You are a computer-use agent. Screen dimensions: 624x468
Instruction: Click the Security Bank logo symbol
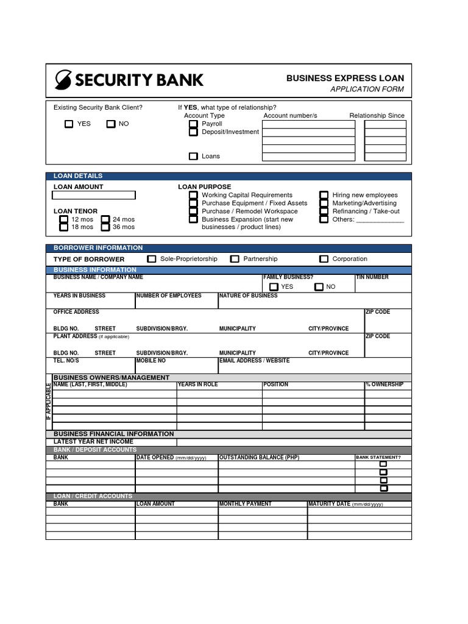63,80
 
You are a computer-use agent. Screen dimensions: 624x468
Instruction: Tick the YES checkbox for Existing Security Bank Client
69,124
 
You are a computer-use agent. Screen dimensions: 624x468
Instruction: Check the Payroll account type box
193,124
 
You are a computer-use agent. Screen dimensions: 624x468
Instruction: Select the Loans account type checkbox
193,157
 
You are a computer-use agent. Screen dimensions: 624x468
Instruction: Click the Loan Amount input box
94,196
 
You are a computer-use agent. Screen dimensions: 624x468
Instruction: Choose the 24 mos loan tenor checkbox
105,219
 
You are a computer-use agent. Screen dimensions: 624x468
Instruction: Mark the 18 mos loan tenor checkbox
64,227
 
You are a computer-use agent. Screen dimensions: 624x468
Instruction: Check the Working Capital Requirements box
193,195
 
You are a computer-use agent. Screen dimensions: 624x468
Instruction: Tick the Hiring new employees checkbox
324,195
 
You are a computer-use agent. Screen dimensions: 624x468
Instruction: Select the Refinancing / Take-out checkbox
324,211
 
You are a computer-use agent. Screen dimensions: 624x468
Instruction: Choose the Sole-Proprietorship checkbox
152,259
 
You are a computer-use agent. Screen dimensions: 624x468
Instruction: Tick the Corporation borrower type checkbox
324,259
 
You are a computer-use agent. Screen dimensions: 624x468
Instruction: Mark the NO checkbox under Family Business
319,287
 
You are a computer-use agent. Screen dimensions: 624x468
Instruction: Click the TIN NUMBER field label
372,277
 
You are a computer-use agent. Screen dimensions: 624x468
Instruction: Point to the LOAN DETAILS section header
78,176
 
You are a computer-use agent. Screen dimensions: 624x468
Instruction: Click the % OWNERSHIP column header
385,385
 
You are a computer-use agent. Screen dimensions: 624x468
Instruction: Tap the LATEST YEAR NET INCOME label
93,441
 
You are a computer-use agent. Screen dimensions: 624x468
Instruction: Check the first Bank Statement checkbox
383,464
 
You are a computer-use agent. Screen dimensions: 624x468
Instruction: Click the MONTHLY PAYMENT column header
246,504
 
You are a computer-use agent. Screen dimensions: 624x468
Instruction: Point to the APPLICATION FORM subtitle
367,90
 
